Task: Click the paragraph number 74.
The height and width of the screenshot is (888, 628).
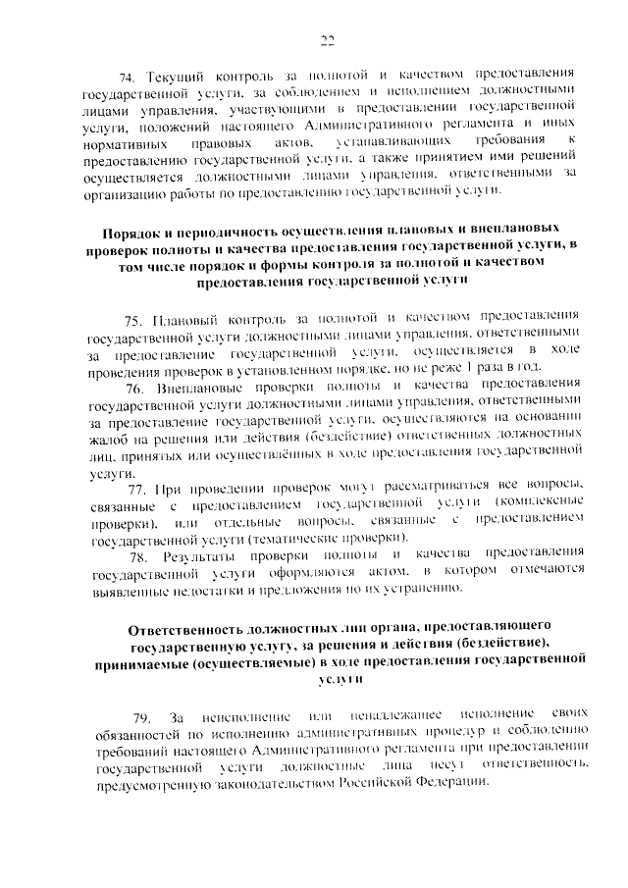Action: point(127,76)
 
